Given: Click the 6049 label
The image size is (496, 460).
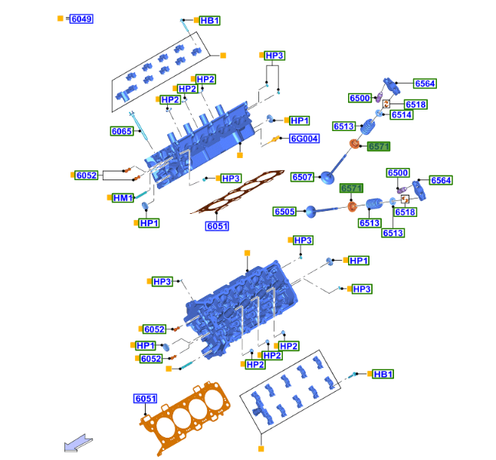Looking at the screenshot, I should point(81,18).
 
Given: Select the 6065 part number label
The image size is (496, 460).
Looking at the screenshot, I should point(121,131).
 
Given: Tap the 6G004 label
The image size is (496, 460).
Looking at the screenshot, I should point(304,139).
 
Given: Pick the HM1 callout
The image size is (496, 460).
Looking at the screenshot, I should point(123,198).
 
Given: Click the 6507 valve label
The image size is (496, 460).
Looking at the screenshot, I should point(303,177).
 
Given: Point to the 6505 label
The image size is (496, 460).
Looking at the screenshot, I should point(284,211).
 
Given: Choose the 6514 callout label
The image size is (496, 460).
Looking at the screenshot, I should point(401,115).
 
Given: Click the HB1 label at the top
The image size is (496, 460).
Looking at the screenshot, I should point(209,20).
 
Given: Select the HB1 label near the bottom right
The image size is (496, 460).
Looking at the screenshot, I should point(383,374).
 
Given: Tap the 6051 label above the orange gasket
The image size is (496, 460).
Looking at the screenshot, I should point(146,399).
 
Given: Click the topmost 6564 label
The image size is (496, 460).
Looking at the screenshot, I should point(425,84).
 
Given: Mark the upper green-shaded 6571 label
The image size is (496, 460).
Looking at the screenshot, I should point(379,146).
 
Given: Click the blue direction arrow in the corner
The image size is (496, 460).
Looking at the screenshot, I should point(79,442).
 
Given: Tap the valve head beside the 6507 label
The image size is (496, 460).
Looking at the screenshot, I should point(328,178).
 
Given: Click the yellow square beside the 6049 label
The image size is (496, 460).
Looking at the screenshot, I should point(61,18).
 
